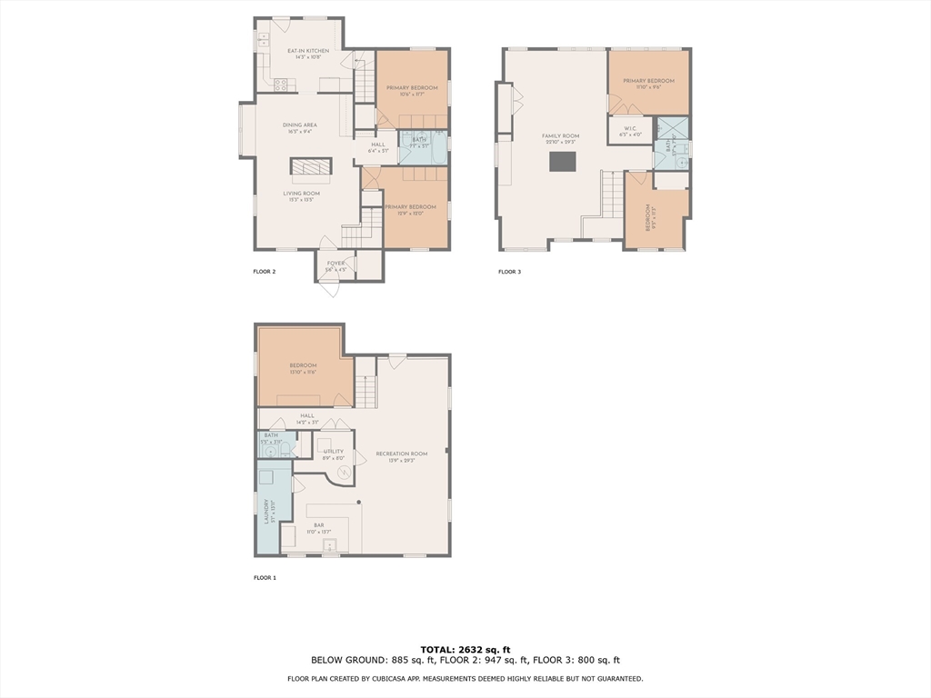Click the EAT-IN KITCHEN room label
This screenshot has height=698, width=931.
[x=307, y=51]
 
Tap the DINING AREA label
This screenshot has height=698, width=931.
[x=299, y=125]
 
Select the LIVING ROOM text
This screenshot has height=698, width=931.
[x=301, y=193]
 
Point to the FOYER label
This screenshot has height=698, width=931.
[x=335, y=264]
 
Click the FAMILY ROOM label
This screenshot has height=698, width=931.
[x=560, y=136]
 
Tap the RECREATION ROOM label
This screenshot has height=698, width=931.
[x=401, y=454]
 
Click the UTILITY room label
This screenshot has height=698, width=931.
[x=334, y=451]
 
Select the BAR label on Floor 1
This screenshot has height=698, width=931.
[x=319, y=525]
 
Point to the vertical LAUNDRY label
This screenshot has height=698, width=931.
[x=266, y=511]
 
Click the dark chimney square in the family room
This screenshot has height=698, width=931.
[x=562, y=161]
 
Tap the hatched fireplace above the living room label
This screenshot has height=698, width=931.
[x=311, y=165]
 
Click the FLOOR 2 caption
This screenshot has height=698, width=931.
[x=264, y=272]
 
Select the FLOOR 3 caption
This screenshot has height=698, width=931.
[x=509, y=272]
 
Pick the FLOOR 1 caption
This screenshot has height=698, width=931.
[x=264, y=578]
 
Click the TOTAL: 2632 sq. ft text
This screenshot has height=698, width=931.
[x=465, y=649]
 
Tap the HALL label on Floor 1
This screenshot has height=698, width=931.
[x=307, y=415]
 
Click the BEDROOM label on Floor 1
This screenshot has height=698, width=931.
[x=303, y=365]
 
